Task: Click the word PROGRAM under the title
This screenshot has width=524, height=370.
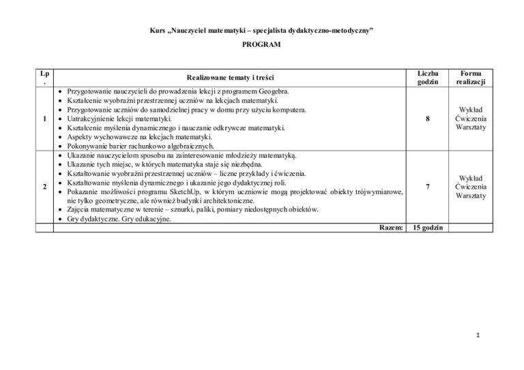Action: [x=261, y=44]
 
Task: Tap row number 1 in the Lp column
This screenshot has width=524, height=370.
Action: [x=44, y=118]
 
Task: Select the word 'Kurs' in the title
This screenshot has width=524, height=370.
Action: [x=157, y=31]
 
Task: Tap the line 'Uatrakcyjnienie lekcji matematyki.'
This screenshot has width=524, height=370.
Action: [x=124, y=118]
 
